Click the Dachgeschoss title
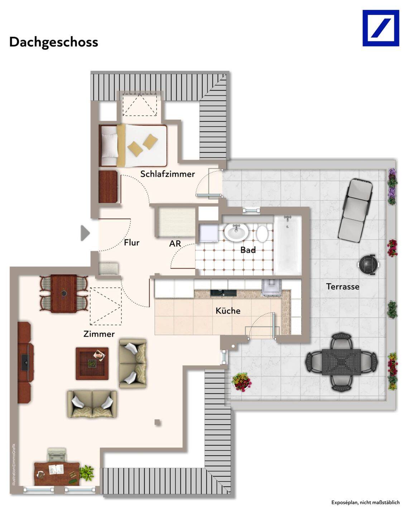pos(54,42)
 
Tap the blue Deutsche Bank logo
pos(381,28)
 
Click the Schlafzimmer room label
pos(167,174)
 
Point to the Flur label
pos(132,242)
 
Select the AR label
pos(175,244)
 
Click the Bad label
pos(248,250)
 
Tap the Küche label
pos(228,311)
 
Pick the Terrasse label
pos(343,286)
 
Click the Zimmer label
pos(99,334)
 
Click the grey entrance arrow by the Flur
pos(85,233)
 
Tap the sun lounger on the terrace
pos(356,212)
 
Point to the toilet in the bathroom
pos(262,233)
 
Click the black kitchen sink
pos(223,293)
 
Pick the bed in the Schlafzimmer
pos(133,145)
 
